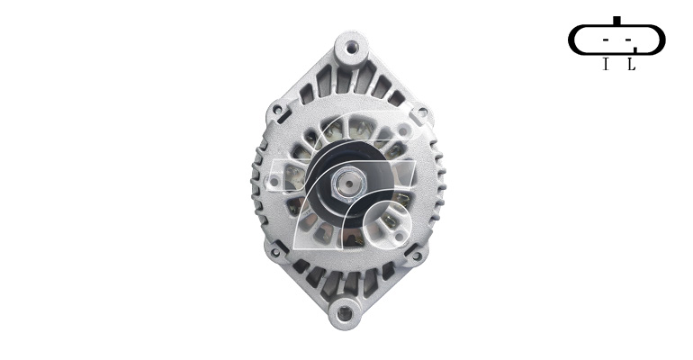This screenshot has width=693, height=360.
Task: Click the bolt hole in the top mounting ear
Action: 351,48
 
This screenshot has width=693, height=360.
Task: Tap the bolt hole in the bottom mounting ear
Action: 345,313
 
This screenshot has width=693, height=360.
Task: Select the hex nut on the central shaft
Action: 347,184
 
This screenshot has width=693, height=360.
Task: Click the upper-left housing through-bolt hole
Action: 277,108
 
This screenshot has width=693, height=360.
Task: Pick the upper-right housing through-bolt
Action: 422,112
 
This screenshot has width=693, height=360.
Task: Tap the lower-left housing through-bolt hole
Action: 275,252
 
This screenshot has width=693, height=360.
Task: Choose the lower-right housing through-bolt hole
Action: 417,256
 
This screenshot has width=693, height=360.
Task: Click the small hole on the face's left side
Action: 274,181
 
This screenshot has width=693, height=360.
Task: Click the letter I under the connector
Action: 606,65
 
